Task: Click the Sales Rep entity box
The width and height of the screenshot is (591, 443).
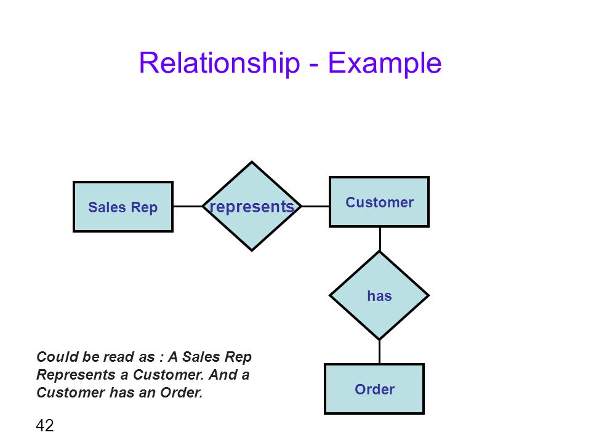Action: (123, 207)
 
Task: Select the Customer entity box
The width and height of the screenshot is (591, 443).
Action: (379, 202)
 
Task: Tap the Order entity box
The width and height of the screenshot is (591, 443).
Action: (374, 389)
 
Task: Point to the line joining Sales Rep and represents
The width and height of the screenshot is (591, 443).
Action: (188, 207)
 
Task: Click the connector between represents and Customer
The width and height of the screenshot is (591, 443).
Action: (315, 207)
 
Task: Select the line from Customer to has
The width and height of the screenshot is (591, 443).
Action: (380, 239)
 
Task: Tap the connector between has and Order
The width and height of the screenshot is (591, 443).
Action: (379, 351)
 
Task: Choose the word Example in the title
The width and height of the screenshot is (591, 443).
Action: (384, 63)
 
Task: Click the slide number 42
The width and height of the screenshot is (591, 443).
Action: (45, 425)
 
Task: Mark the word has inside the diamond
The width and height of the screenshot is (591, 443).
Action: (379, 296)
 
